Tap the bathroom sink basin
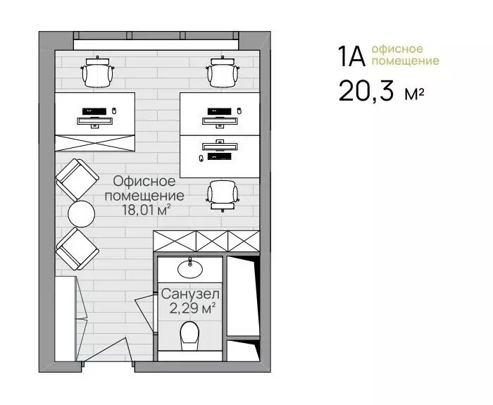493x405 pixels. click(190, 268)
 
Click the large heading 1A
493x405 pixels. click(351, 56)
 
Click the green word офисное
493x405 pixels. click(397, 49)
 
